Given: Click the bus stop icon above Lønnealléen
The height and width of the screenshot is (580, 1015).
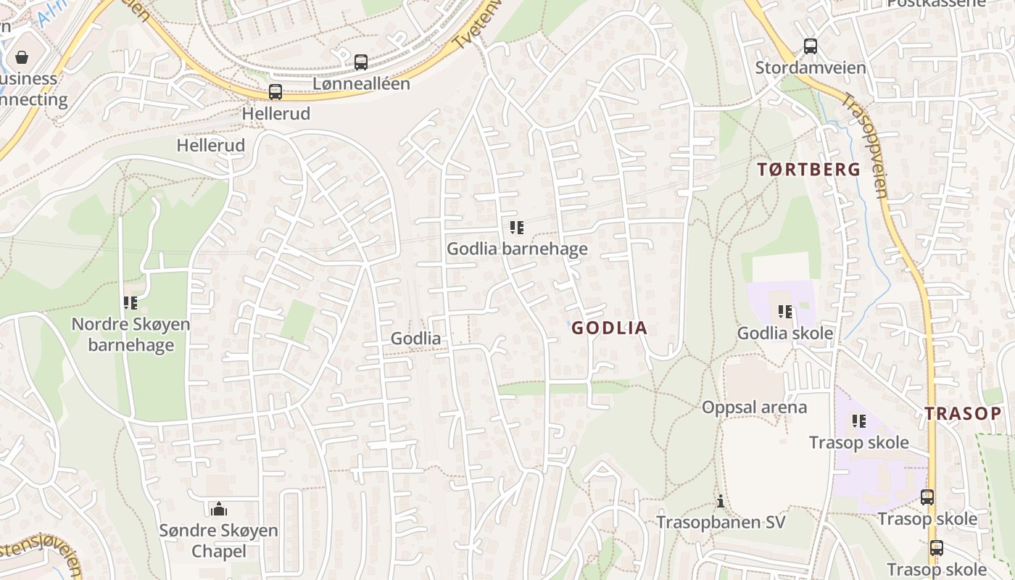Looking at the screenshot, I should tap(361, 62).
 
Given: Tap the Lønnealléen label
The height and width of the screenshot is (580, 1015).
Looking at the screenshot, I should tap(361, 84).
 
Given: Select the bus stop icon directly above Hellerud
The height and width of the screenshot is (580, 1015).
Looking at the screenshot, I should tap(275, 92).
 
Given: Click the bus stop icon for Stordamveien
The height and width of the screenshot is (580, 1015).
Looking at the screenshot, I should tap(811, 46).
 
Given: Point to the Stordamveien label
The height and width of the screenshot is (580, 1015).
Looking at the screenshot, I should tap(811, 68).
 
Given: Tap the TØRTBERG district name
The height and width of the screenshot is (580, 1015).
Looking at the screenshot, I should tap(809, 170).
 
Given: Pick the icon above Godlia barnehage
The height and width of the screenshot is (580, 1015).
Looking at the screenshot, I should tap(517, 228).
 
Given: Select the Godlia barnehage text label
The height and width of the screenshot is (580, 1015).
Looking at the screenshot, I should tap(517, 249).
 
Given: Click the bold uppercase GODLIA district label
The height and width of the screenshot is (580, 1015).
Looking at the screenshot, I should tap(609, 328).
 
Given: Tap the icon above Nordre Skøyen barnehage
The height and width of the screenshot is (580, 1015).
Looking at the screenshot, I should tap(130, 303).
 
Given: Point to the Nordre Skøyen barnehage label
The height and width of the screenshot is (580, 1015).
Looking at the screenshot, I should tap(130, 334).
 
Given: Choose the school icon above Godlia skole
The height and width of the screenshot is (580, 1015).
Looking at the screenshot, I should tap(785, 312).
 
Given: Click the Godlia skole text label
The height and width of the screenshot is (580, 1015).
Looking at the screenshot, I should tap(785, 333).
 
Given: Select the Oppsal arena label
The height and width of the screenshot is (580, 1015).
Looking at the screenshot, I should tap(754, 407).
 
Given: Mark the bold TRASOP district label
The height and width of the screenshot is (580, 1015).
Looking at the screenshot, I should tap(962, 414).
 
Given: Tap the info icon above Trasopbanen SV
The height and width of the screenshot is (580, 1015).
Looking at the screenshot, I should tap(721, 501).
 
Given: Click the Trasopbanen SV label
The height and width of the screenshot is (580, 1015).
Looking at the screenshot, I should tap(721, 523).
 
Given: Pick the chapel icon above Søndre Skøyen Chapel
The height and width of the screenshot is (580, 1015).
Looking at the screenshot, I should tap(219, 509).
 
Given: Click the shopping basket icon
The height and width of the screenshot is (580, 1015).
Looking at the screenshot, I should tap(22, 57).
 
